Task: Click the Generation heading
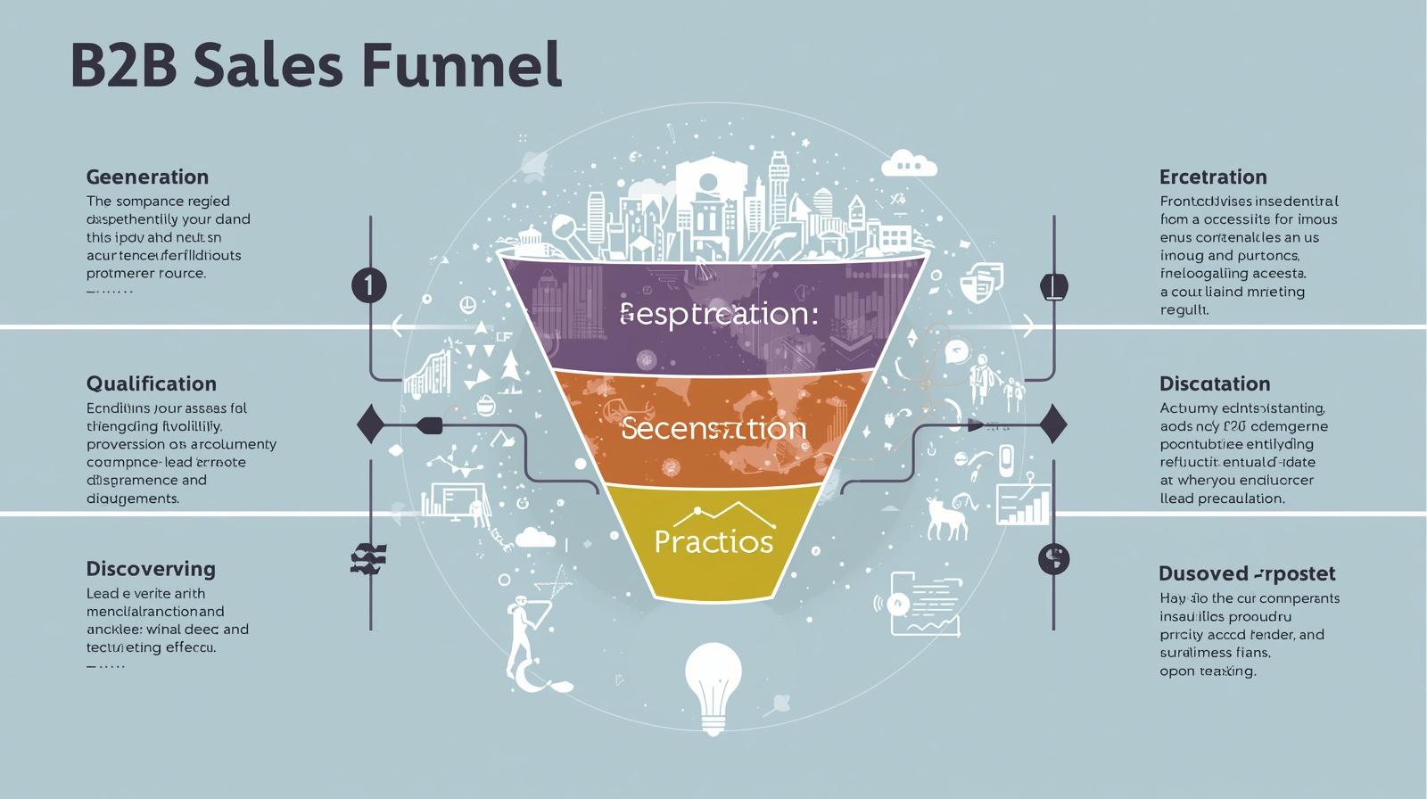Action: tap(147, 177)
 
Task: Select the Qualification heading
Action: tap(151, 383)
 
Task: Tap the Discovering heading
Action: tap(151, 569)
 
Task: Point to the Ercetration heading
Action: tap(1213, 177)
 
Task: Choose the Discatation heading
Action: tap(1215, 383)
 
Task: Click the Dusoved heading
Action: tap(1247, 573)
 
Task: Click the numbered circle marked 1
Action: tap(368, 286)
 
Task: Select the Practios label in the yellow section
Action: tap(713, 541)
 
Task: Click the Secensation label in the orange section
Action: tap(713, 429)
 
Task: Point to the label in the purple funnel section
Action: tap(718, 314)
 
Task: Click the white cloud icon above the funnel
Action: tap(909, 163)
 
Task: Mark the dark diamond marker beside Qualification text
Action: tap(370, 424)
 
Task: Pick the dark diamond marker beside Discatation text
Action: tap(1053, 424)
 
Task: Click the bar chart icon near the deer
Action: tap(1023, 505)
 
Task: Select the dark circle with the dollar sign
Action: tap(1053, 559)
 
